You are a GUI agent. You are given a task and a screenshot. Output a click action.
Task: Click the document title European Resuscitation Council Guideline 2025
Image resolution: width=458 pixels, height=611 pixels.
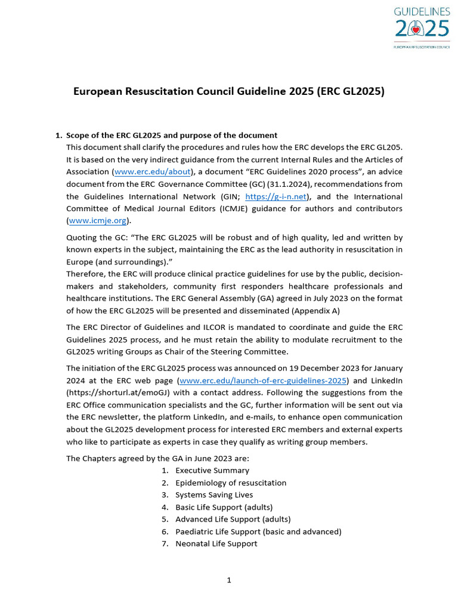pyautogui.click(x=228, y=91)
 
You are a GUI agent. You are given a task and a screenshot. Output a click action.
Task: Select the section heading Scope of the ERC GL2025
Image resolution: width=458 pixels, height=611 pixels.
pyautogui.click(x=171, y=135)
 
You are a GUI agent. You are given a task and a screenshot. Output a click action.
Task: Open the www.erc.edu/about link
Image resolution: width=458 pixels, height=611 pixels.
pyautogui.click(x=152, y=172)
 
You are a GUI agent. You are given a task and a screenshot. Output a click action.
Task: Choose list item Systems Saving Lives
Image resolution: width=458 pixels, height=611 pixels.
pyautogui.click(x=213, y=495)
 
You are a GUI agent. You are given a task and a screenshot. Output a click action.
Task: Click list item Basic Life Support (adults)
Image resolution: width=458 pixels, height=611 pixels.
pyautogui.click(x=224, y=507)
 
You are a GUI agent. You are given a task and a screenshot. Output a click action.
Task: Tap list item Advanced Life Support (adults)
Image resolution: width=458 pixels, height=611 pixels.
pyautogui.click(x=233, y=519)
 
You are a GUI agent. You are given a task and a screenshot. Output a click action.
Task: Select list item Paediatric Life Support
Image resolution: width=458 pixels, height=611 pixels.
pyautogui.click(x=258, y=532)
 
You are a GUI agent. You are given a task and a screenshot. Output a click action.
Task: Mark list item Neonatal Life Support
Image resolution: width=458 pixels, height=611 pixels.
pyautogui.click(x=216, y=544)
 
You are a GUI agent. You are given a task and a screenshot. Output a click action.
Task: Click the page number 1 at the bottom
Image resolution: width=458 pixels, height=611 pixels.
pyautogui.click(x=228, y=580)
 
